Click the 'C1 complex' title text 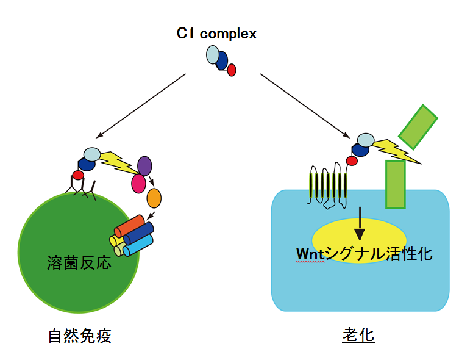pos(216,34)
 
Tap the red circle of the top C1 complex pos(232,70)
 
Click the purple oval pos(144,165)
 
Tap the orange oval pos(154,198)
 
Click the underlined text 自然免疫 pos(79,336)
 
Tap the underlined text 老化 pos(358,336)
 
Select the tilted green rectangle pos(418,127)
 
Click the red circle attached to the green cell pos(78,176)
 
